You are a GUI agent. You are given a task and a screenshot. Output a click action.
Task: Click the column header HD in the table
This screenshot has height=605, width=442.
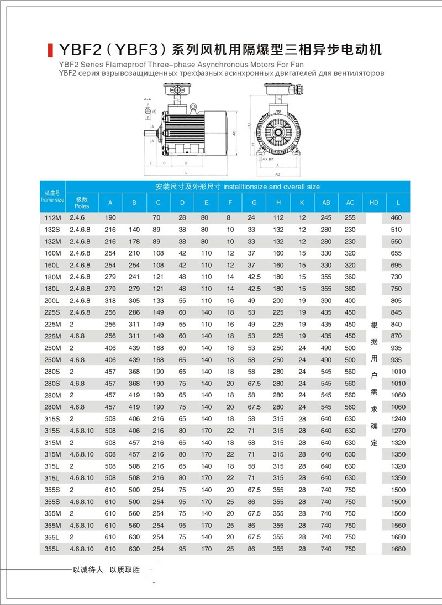[x=373, y=203]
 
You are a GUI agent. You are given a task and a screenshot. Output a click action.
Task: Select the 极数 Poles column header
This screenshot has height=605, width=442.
[x=82, y=203]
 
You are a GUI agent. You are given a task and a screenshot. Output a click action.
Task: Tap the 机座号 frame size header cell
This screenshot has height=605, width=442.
[x=52, y=196]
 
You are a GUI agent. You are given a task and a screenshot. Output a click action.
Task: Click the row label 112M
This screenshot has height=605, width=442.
[x=52, y=219]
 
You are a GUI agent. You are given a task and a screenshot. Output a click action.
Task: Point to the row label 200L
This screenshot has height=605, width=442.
[x=52, y=300]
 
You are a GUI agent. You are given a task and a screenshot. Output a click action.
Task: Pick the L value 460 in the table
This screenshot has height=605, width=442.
[x=397, y=219]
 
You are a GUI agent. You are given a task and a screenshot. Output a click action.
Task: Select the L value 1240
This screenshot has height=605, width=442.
[x=397, y=419]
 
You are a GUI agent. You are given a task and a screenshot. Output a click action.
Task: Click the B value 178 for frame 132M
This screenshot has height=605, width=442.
[x=134, y=242]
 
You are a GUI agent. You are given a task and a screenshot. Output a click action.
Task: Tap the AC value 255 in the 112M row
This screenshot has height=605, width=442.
[x=350, y=219]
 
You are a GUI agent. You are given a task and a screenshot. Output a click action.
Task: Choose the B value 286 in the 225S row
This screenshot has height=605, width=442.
[x=134, y=312]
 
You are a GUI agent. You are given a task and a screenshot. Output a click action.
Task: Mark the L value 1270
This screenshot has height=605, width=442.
[x=397, y=431]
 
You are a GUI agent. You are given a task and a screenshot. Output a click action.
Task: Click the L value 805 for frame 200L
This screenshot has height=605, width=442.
[x=397, y=300]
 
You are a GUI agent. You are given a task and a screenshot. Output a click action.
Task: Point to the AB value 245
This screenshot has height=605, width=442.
[x=326, y=219]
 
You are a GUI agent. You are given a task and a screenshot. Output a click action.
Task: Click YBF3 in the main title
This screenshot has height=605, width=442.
[x=136, y=49]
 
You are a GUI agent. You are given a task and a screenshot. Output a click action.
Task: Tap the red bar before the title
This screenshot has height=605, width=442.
[x=50, y=49]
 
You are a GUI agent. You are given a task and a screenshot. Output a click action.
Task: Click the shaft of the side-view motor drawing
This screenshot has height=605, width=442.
[x=151, y=132]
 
